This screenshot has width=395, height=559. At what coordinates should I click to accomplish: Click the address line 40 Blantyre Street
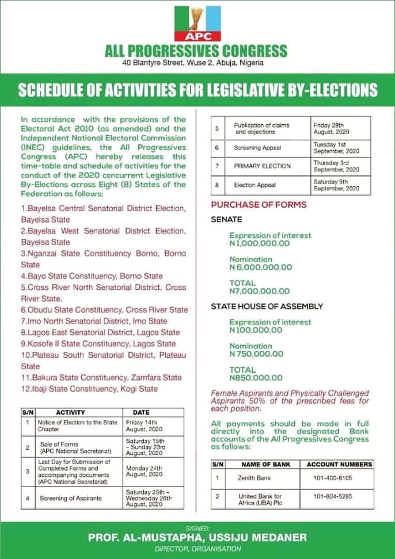point(197,63)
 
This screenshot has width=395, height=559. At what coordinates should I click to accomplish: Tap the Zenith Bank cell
point(255,477)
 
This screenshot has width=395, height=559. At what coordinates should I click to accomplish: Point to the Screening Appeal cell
point(257,147)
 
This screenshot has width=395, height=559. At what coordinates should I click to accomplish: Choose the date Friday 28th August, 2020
point(335,128)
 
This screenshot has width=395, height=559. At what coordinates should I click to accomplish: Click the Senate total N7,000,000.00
point(259,291)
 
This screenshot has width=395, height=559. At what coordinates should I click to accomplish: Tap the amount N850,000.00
point(256,378)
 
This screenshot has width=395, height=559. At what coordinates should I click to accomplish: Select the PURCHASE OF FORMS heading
point(259,205)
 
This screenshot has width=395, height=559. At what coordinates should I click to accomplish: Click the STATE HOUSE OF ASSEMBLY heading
point(267,306)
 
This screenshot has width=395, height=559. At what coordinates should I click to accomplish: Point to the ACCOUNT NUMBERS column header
point(339,464)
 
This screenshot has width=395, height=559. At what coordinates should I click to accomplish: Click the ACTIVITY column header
point(70,412)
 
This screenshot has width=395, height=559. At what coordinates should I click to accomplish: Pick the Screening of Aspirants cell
point(71,498)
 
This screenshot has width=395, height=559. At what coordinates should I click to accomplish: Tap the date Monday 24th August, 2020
point(144,471)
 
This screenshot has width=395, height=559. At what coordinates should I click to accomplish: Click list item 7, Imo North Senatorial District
point(94,321)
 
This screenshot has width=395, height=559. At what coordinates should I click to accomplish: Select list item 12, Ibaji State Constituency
point(89,389)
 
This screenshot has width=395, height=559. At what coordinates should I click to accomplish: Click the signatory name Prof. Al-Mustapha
point(197,537)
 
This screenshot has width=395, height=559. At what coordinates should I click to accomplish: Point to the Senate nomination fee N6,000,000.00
point(260,267)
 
